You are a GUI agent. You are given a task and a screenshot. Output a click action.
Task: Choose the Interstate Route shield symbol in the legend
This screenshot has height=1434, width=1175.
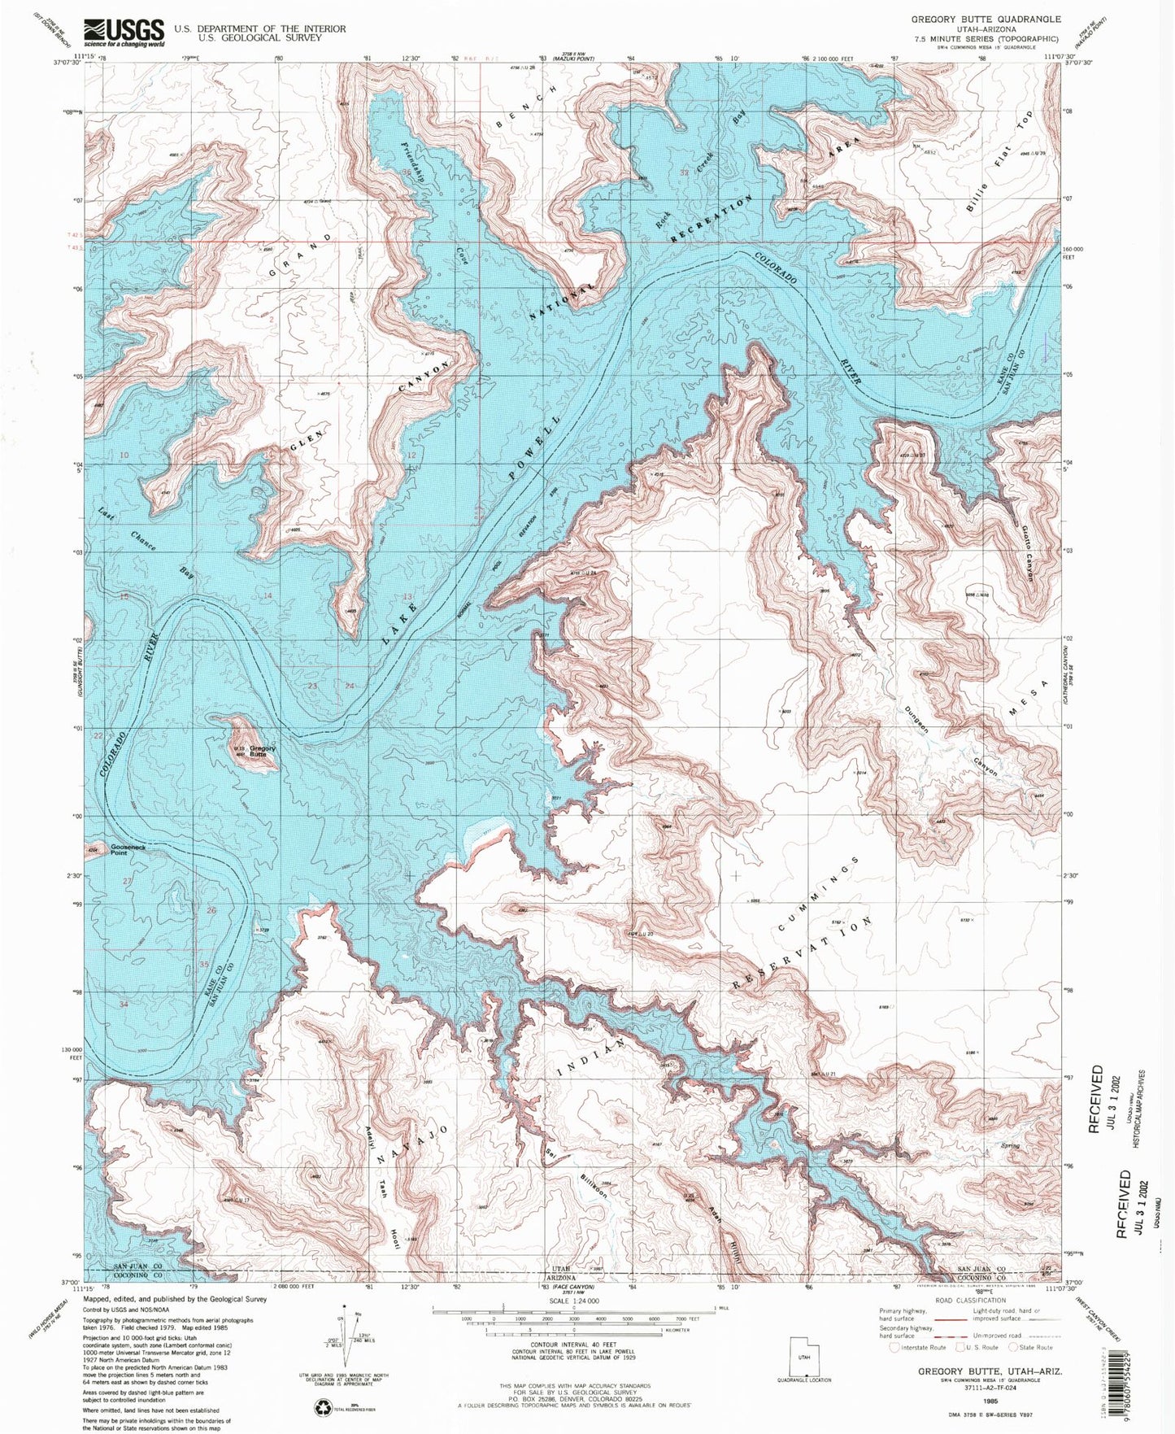(x=896, y=1348)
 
